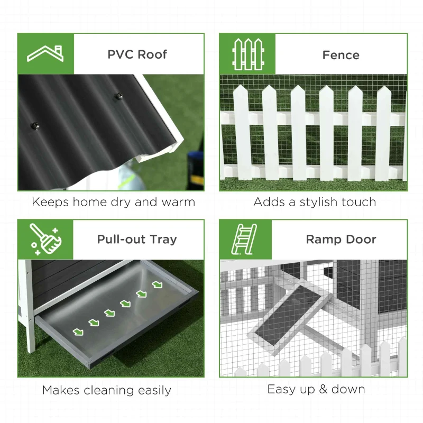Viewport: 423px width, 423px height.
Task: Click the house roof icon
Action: click(45, 53)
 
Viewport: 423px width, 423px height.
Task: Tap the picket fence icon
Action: click(247, 54)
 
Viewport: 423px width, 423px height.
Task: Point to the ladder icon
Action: click(246, 238)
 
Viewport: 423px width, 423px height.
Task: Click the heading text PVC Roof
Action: click(137, 54)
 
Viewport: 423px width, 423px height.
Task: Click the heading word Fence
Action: click(341, 55)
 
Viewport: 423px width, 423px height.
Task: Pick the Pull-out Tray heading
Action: click(137, 239)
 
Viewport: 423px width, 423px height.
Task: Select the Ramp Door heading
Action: click(341, 239)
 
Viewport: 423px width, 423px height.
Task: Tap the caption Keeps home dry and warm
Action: click(113, 202)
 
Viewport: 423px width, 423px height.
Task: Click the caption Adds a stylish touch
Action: click(315, 202)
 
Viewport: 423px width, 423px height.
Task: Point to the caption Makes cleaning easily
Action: click(107, 390)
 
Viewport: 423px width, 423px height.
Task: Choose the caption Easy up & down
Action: click(316, 389)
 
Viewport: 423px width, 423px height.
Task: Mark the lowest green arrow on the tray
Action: click(78, 332)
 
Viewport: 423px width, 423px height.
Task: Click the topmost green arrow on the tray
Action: click(157, 284)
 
